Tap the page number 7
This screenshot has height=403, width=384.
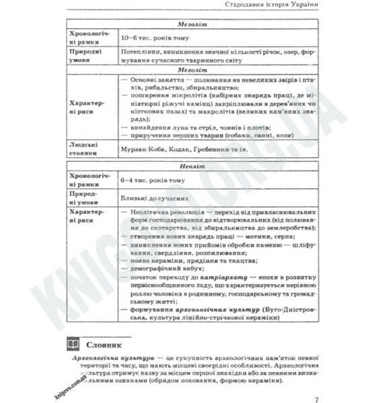click(315, 384)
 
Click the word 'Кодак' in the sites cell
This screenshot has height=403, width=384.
click(170, 149)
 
